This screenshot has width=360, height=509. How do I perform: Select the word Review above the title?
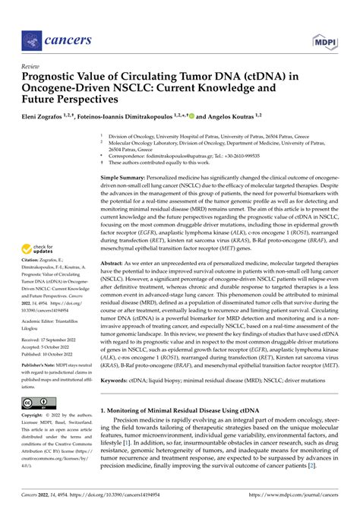(x=31, y=65)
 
